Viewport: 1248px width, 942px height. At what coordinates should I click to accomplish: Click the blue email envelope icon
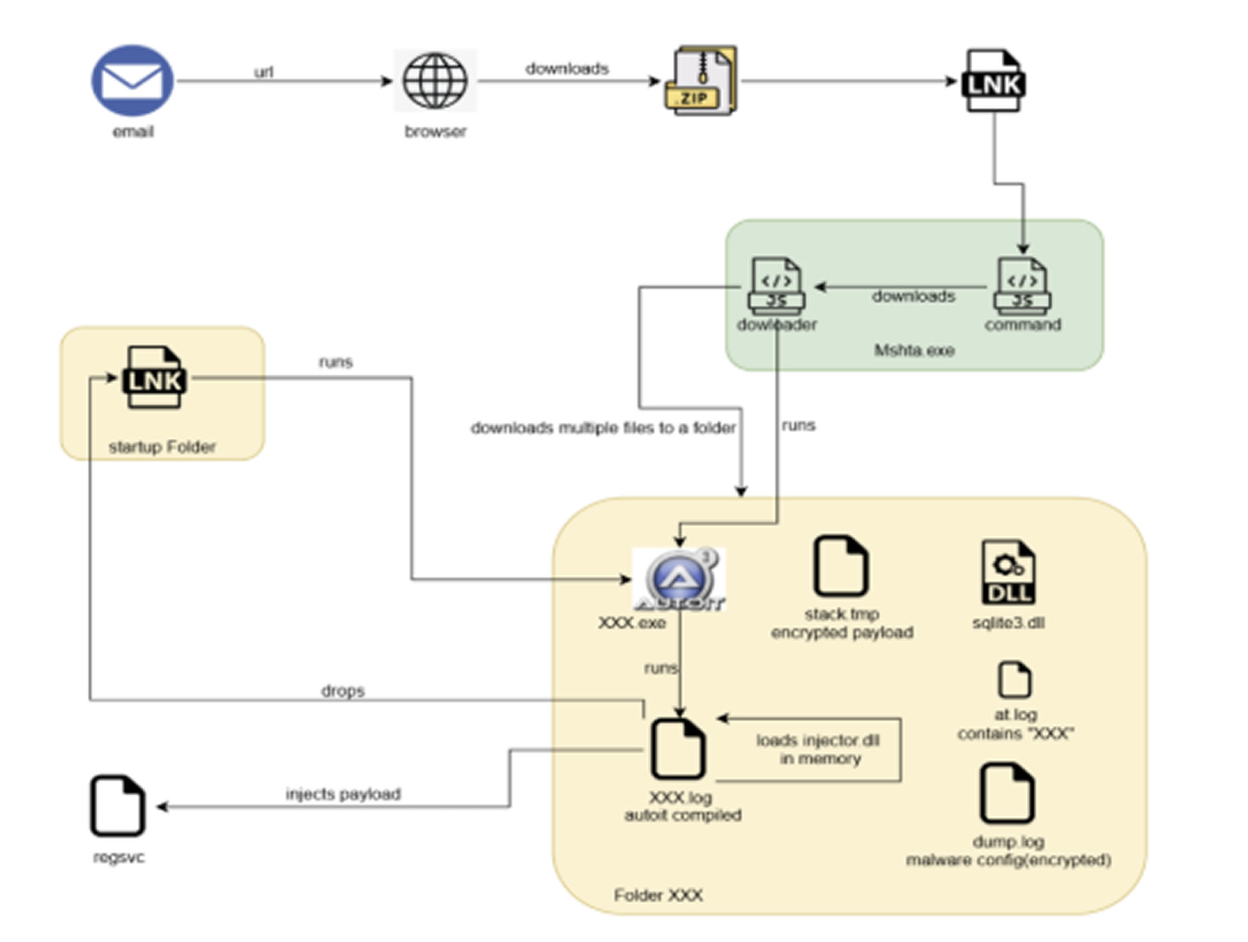(x=132, y=80)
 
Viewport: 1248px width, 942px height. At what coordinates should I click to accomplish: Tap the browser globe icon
(x=435, y=80)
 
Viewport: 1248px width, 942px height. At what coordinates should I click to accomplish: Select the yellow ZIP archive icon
(x=701, y=80)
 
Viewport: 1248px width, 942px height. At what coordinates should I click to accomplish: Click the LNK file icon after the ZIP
(x=993, y=80)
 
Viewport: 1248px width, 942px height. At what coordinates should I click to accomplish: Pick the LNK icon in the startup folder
(x=154, y=378)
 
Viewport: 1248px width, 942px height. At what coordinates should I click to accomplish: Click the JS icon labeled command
(x=1022, y=287)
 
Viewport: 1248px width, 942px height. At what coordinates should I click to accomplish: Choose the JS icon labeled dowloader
(x=776, y=287)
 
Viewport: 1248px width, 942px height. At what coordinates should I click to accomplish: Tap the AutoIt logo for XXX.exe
(x=679, y=579)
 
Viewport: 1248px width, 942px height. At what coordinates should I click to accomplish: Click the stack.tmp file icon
(x=840, y=566)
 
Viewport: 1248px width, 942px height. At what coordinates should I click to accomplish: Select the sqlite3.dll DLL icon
(x=1008, y=573)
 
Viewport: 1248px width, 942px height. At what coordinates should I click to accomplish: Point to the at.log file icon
(x=1014, y=680)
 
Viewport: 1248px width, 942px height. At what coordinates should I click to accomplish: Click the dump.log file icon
(x=1008, y=793)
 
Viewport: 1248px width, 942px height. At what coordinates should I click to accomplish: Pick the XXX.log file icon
(x=679, y=749)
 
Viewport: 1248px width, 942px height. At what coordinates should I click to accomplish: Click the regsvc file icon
(x=118, y=806)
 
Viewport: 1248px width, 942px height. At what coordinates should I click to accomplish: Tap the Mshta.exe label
(x=914, y=351)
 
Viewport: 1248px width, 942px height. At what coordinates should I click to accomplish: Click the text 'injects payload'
(x=343, y=794)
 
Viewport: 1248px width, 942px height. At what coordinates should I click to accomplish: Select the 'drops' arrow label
(x=343, y=691)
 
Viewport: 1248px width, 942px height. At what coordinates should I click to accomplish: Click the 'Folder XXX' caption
(x=658, y=895)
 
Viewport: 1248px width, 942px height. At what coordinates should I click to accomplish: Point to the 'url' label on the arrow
(x=263, y=72)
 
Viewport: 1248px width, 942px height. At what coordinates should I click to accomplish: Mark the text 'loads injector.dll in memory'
(x=819, y=750)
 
